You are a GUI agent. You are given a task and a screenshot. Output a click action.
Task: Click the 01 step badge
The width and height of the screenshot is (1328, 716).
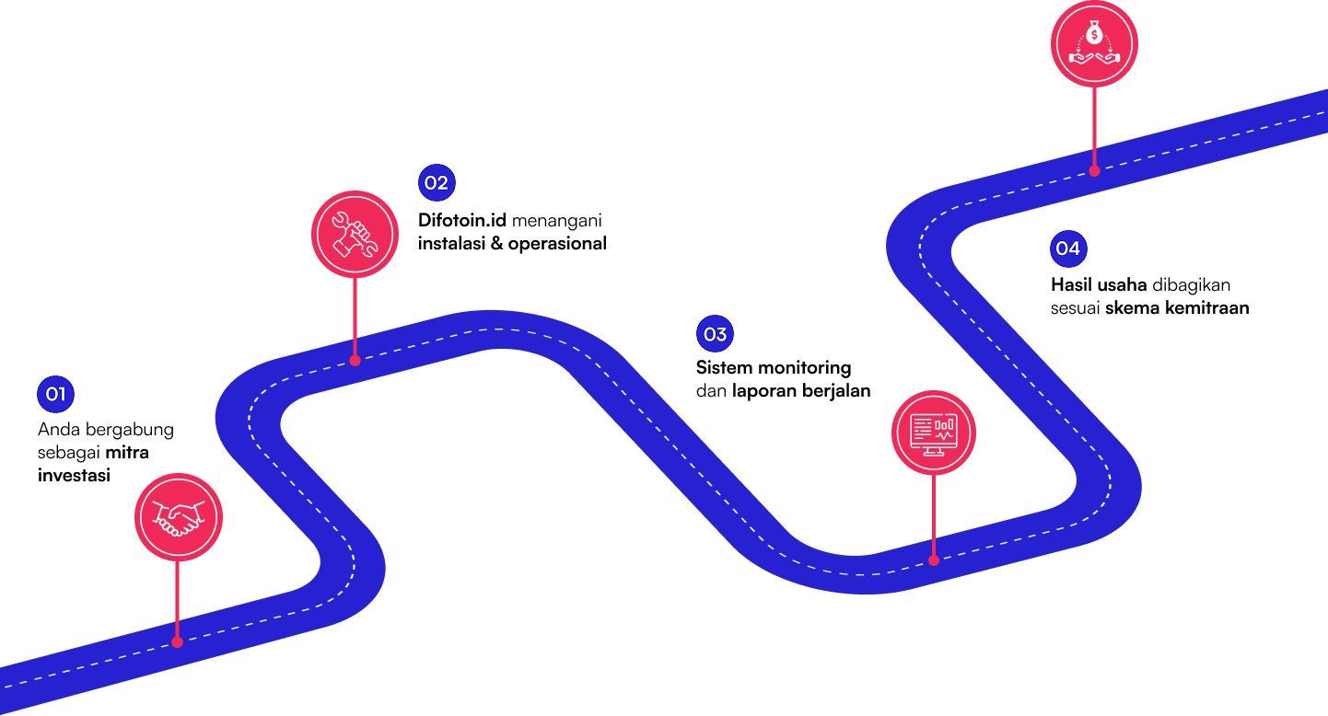[55, 395]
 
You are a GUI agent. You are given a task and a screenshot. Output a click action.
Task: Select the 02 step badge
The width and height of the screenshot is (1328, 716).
[437, 182]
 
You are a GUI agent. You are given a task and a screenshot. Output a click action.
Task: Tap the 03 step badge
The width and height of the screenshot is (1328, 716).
[715, 334]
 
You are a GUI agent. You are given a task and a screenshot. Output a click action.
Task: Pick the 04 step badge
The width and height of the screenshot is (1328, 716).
[1068, 248]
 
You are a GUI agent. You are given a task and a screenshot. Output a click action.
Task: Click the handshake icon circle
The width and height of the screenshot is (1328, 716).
[178, 516]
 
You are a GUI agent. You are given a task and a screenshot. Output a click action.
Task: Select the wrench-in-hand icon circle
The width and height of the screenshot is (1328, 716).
[355, 234]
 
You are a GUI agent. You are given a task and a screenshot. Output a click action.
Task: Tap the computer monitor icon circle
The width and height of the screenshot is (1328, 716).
[933, 433]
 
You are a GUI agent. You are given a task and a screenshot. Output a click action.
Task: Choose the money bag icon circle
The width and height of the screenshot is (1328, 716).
[1094, 43]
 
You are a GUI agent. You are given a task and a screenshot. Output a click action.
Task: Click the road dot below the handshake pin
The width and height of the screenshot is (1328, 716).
[177, 641]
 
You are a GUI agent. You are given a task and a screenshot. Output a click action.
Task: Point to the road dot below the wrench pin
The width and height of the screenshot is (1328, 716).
[355, 361]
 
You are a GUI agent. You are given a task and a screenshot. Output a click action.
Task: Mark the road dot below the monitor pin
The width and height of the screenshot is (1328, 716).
[933, 560]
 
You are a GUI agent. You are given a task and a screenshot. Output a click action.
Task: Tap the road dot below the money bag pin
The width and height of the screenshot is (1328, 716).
[1094, 170]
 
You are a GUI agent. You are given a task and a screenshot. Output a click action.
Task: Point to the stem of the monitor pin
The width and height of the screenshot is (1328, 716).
[933, 516]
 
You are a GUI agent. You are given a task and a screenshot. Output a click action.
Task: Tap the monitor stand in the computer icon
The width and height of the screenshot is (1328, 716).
[933, 450]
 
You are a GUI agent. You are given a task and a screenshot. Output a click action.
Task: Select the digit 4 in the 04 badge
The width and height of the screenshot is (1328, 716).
[1074, 248]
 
